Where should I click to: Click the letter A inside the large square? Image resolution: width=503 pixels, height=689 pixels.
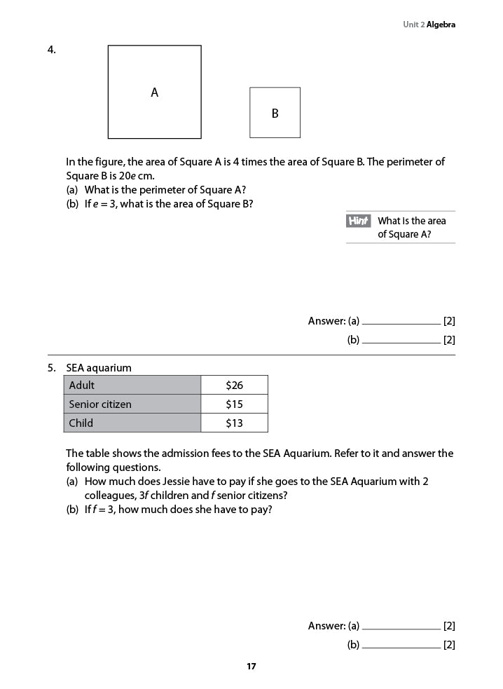155,93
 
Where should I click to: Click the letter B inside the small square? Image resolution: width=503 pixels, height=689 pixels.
275,114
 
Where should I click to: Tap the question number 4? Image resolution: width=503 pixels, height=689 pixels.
52,49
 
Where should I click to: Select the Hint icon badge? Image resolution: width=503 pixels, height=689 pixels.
358,221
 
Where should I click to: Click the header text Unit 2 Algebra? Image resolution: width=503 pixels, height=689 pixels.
429,25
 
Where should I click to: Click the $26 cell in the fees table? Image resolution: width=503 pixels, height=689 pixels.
234,386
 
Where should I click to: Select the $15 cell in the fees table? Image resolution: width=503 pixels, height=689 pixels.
234,404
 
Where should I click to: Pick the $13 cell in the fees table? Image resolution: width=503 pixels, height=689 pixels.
234,423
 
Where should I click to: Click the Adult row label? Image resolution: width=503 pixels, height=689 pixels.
82,386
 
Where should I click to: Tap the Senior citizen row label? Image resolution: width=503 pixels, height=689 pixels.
100,404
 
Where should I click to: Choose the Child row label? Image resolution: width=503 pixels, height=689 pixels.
81,423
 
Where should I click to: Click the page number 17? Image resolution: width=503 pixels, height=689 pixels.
251,667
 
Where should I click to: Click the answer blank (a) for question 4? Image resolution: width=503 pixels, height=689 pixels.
401,322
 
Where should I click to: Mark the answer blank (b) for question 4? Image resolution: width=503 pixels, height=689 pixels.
401,341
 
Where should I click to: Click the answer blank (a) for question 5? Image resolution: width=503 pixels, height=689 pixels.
401,627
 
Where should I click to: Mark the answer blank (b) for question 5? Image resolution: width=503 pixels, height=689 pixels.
401,646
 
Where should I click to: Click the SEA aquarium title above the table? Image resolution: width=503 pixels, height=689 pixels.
99,368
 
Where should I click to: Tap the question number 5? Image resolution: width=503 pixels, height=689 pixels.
52,368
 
